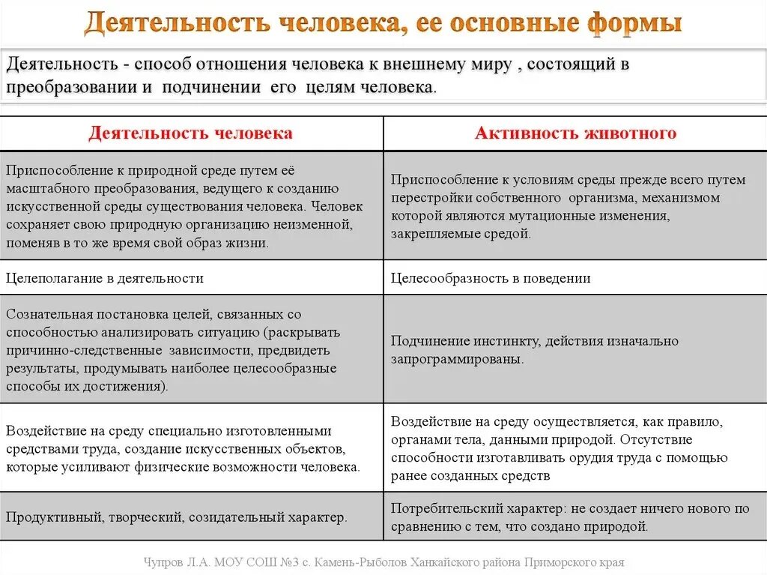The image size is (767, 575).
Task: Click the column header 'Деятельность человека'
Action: click(190, 133)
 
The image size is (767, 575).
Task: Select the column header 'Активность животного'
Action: click(575, 133)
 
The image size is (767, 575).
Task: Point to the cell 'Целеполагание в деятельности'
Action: click(105, 278)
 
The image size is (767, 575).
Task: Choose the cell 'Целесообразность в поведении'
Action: click(491, 278)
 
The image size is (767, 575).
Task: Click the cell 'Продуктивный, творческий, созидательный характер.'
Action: click(177, 517)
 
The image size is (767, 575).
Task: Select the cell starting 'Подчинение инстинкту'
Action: click(535, 350)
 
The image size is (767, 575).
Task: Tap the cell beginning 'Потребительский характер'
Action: click(570, 517)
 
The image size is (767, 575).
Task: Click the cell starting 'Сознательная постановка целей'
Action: click(172, 350)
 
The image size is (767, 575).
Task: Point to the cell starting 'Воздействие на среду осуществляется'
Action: click(559, 448)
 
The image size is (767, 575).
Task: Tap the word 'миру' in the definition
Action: click(492, 64)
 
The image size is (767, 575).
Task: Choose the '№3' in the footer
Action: click(300, 562)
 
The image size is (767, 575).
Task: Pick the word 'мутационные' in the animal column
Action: click(577, 216)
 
